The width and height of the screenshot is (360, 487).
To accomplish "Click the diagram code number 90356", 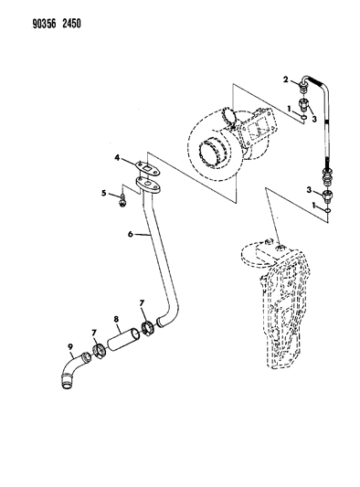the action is (45, 24).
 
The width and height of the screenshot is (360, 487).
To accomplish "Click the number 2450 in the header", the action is (71, 24).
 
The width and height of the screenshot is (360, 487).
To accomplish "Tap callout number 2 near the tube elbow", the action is (285, 79).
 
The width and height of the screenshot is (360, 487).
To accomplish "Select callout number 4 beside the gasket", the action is (117, 158).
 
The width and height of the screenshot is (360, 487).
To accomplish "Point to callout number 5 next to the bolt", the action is (104, 193).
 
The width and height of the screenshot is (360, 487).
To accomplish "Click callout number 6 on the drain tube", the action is (131, 234).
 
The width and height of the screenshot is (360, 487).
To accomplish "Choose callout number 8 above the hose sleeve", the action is (116, 319).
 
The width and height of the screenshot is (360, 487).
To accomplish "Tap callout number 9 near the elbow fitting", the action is (70, 345).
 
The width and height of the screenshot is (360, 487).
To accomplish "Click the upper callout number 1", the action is (289, 109).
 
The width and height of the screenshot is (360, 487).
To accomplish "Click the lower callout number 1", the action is (314, 206).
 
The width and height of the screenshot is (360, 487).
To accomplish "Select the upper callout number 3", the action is (314, 119).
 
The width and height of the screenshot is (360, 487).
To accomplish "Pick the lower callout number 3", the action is (309, 189).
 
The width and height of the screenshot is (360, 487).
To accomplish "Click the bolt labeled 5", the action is (123, 200).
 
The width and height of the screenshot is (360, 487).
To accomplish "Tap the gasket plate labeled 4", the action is (148, 169).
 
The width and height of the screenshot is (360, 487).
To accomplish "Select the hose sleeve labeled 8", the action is (123, 340).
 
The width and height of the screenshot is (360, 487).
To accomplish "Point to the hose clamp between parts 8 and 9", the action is (99, 351).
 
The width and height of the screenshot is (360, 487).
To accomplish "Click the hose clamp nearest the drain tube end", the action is (147, 328).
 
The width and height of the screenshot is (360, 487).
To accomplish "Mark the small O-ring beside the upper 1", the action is (303, 118).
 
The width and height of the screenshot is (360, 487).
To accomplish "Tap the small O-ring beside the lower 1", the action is (328, 211).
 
